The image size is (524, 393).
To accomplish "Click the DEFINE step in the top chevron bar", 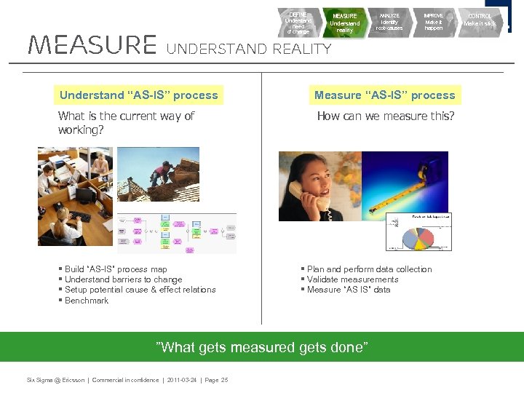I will click(298, 23).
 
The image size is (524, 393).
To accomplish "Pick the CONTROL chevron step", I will click(480, 20).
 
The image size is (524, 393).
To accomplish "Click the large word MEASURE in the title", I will click(92, 45).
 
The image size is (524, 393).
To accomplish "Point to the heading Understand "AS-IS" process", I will click(138, 95).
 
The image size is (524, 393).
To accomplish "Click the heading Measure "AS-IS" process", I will click(384, 95).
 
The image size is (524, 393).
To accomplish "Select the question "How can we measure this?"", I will click(385, 116).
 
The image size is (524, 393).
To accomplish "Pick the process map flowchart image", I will click(177, 233).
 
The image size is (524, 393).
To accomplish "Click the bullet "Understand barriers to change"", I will click(123, 279).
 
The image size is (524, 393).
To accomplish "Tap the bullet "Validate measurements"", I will click(352, 279).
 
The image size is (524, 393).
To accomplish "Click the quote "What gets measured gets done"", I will click(262, 347).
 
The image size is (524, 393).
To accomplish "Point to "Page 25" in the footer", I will click(214, 380).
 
